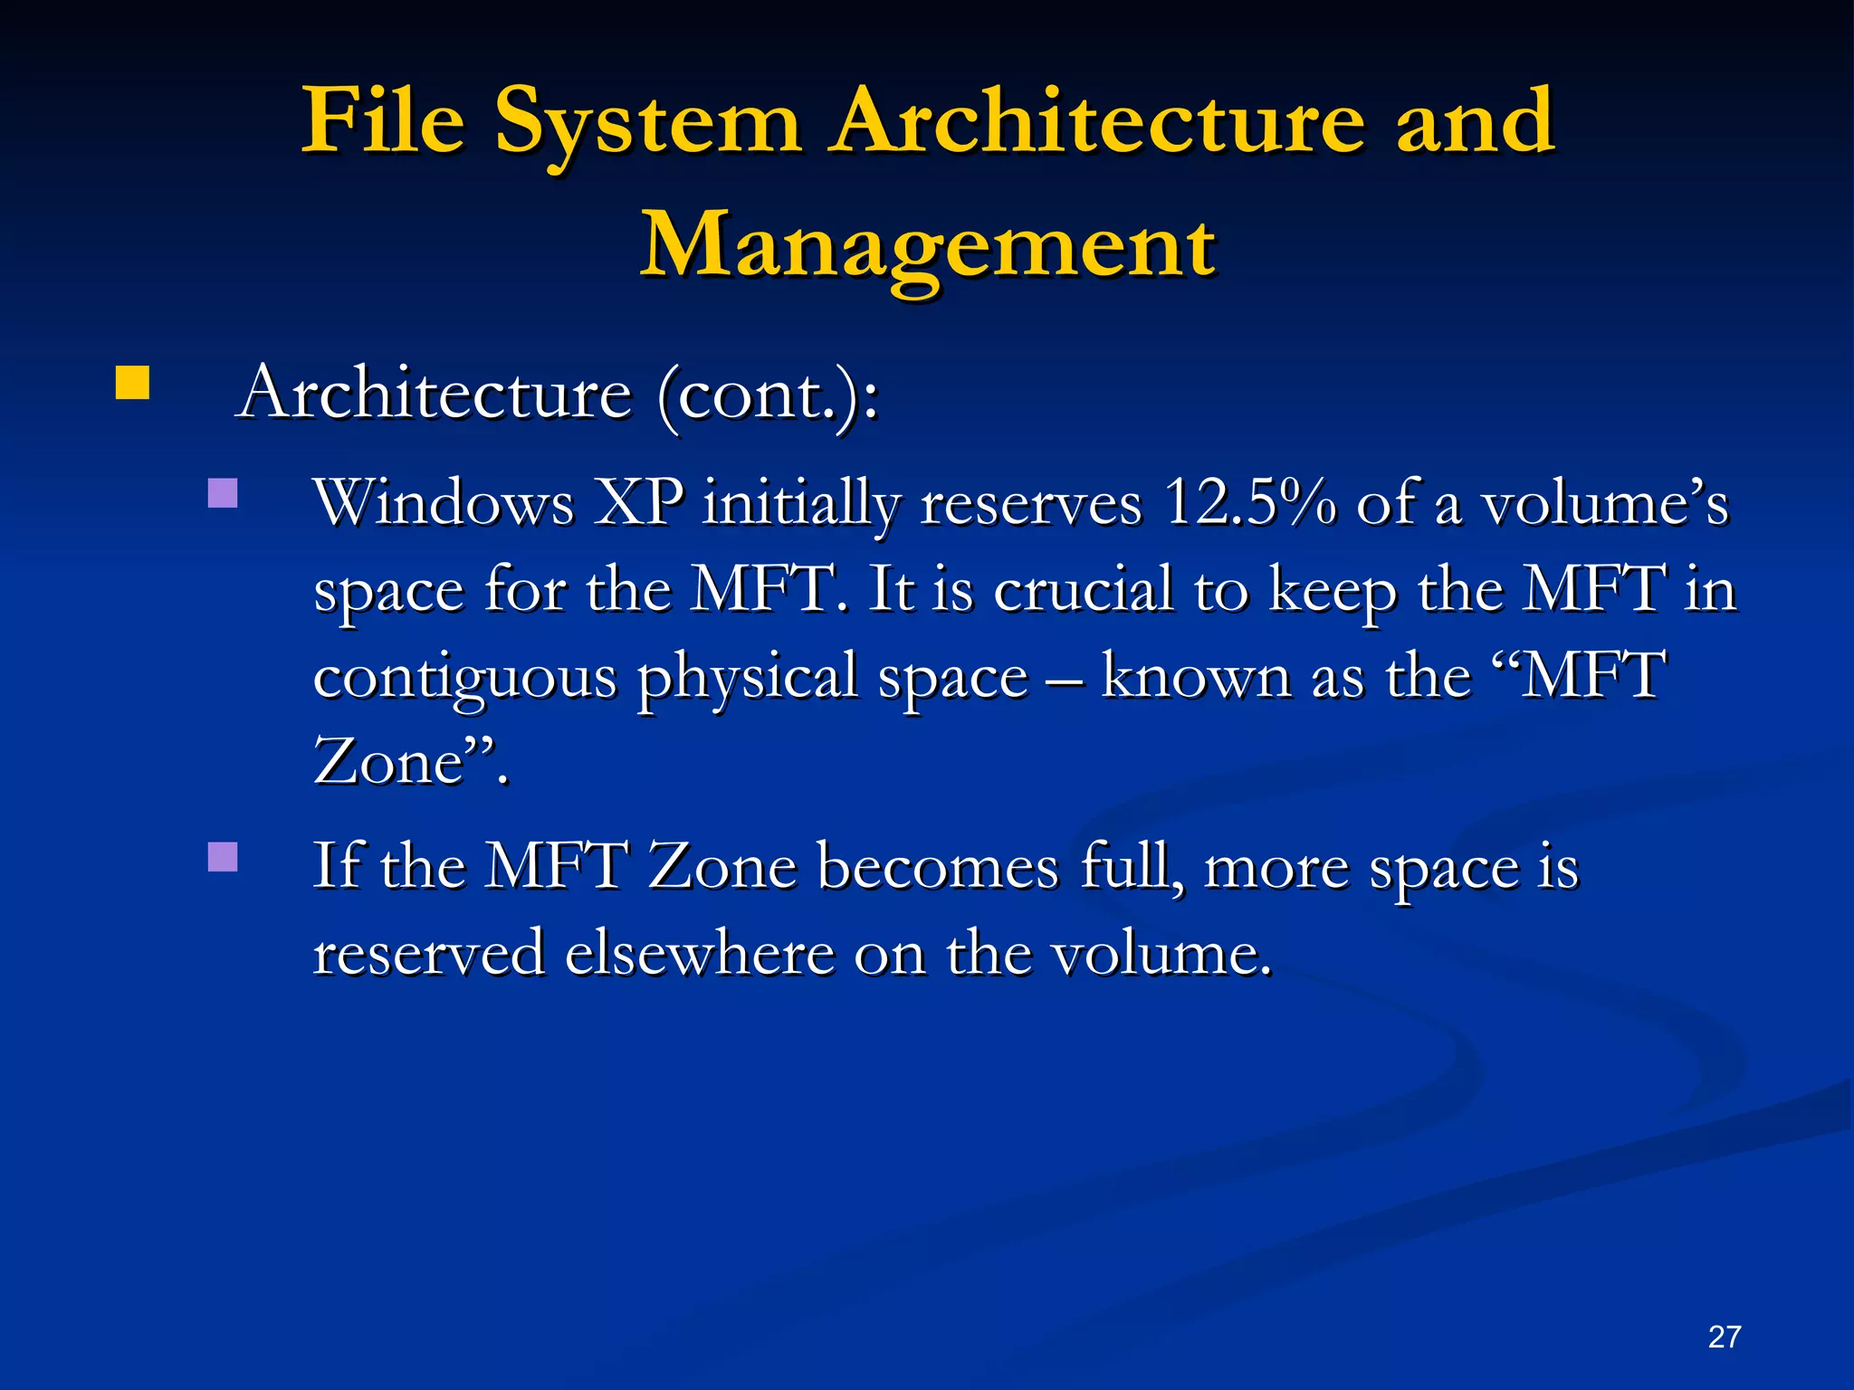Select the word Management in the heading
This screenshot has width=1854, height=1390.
pos(929,246)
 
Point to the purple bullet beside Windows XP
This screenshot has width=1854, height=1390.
pos(223,493)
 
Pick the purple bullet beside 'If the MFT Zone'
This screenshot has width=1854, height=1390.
pos(223,857)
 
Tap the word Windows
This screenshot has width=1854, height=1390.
pos(444,503)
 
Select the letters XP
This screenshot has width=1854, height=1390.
pos(639,503)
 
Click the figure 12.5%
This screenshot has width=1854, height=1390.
pos(1250,503)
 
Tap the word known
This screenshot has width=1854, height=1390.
pos(1196,677)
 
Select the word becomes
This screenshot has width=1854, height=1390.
pos(937,867)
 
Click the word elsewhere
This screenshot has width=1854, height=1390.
pos(700,953)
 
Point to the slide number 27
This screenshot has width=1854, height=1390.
pos(1724,1337)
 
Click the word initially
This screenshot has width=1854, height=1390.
pos(802,503)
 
